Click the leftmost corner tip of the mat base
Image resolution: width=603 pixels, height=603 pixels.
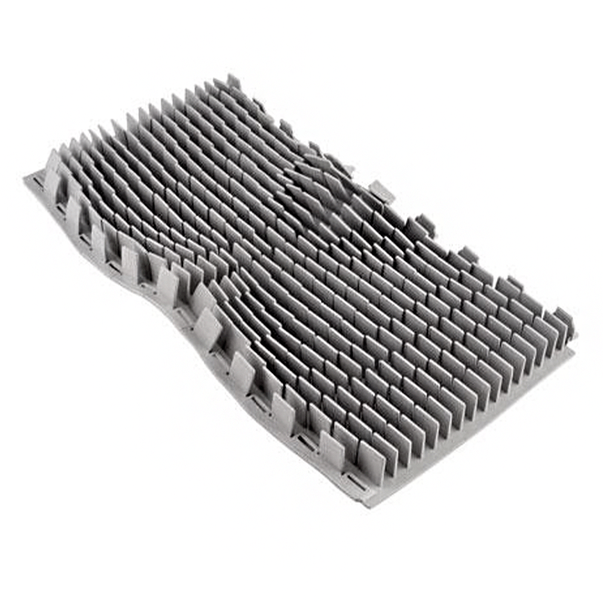click(26, 179)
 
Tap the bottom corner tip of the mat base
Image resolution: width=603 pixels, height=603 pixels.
click(367, 504)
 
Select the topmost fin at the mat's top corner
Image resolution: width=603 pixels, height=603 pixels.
click(233, 81)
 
